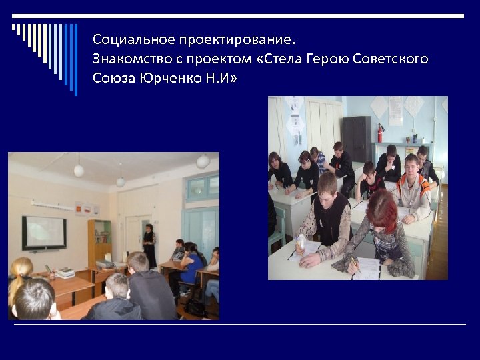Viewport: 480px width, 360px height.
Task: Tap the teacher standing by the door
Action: (x=149, y=245)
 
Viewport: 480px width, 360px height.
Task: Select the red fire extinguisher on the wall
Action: (x=381, y=133)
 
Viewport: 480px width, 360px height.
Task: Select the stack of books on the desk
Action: (x=65, y=273)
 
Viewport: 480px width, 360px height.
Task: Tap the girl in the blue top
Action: (x=189, y=267)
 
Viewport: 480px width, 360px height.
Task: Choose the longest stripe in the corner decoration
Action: (x=75, y=60)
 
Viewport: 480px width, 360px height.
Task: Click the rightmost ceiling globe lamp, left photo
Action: (x=203, y=161)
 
